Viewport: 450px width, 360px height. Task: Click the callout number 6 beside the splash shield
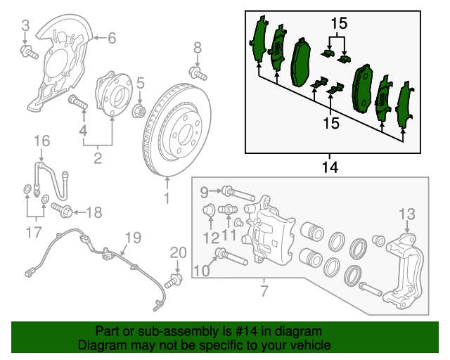click(x=112, y=38)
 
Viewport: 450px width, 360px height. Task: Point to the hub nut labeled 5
click(x=139, y=110)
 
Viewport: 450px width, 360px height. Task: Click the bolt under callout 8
click(x=198, y=73)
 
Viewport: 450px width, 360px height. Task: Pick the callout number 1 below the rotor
click(x=167, y=198)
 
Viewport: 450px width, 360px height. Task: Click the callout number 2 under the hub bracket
click(x=98, y=158)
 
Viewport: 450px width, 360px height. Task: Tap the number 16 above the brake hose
click(x=42, y=141)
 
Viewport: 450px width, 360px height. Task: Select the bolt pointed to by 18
click(x=62, y=210)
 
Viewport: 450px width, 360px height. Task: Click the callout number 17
click(x=34, y=232)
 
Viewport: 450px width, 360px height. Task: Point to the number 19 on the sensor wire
click(x=134, y=238)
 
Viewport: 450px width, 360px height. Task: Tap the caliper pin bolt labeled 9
click(x=238, y=194)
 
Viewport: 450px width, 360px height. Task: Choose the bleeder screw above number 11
click(x=227, y=210)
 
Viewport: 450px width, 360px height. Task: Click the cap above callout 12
click(x=209, y=210)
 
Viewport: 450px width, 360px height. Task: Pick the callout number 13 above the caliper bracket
click(x=407, y=214)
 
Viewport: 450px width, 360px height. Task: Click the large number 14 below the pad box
click(x=330, y=167)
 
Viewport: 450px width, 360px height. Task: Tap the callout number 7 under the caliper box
click(x=264, y=291)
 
